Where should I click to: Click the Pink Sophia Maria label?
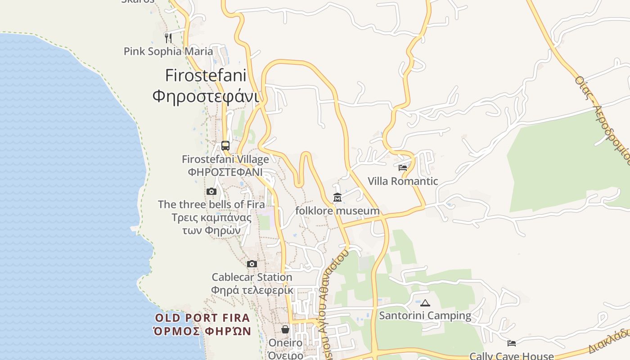coord(168,51)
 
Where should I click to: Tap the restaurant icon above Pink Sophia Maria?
coord(168,38)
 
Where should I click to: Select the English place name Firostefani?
coord(206,75)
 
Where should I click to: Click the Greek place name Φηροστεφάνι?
coord(206,96)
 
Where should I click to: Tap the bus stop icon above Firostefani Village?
coord(225,146)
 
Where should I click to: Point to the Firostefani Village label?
coord(225,159)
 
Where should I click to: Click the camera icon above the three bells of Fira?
coord(211,192)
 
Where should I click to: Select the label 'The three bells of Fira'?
coord(211,204)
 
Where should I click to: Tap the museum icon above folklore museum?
coord(337,198)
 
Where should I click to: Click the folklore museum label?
coord(337,211)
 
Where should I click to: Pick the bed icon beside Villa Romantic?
coord(403,168)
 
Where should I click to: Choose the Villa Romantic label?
coord(403,181)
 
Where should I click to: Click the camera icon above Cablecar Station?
coord(252,264)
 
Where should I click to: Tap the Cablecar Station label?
coord(252,277)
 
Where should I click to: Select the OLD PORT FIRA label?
coord(202,318)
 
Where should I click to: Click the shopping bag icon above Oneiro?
coord(285,330)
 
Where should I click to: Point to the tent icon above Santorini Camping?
coord(425,303)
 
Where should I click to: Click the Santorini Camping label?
coord(425,316)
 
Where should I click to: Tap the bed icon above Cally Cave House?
coord(512,343)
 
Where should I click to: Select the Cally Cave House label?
coord(512,356)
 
